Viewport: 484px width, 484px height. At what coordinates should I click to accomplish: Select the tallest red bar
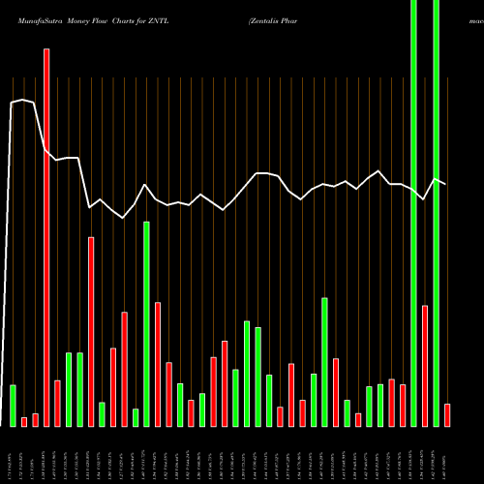(x=45, y=237)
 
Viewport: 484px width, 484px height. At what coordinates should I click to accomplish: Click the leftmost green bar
(x=13, y=405)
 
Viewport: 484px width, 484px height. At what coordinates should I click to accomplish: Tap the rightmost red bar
(x=447, y=414)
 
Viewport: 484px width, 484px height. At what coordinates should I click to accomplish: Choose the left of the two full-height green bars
(x=414, y=213)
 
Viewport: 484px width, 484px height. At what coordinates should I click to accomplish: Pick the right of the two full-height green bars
(x=436, y=213)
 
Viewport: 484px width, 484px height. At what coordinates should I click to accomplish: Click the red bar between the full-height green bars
(x=425, y=365)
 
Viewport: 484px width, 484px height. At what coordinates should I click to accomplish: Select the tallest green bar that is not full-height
(x=146, y=323)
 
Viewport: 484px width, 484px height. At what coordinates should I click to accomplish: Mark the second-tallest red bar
(x=91, y=331)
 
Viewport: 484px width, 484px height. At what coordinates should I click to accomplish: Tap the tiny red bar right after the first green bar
(x=24, y=421)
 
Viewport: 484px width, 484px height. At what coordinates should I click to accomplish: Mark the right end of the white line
(x=446, y=183)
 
